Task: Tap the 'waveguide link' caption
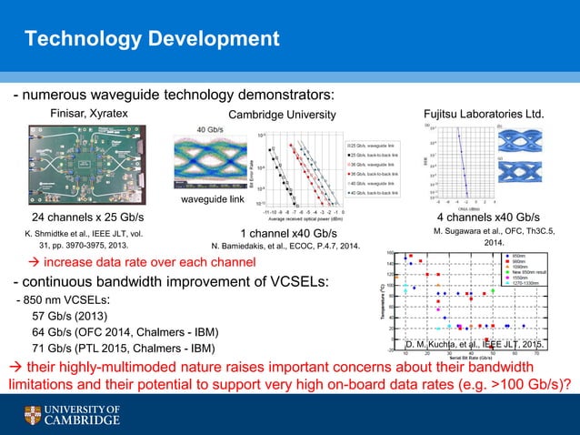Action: [212, 199]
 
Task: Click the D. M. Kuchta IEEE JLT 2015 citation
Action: [475, 345]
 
